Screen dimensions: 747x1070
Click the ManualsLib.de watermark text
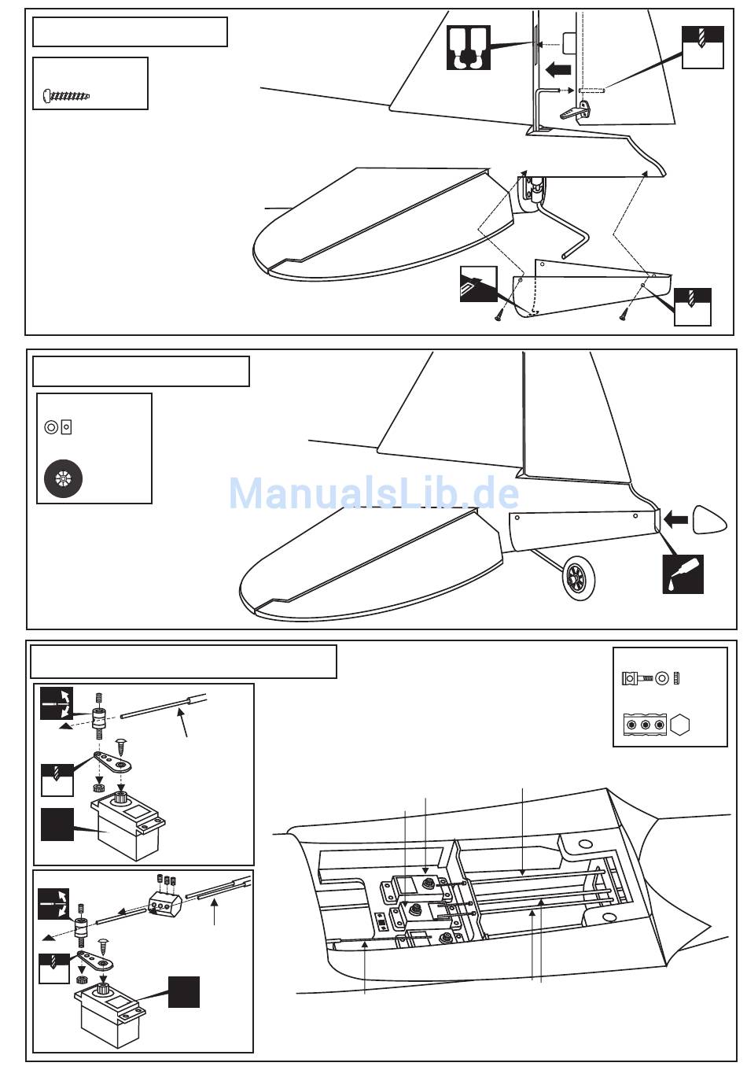pos(373,494)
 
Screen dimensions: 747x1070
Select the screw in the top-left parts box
pos(67,96)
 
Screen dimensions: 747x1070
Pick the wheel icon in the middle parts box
pos(63,478)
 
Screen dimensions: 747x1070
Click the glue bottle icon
pos(683,574)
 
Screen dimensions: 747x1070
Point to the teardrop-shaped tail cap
pos(711,520)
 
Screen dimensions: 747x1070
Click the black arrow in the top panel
pos(558,69)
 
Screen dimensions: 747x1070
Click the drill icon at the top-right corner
pos(702,46)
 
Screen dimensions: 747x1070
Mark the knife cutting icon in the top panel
pos(478,284)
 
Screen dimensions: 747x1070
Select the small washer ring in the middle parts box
pos(51,427)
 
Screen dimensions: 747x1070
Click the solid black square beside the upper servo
pos(57,824)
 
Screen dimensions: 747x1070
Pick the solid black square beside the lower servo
pos(183,991)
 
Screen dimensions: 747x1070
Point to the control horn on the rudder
pos(573,112)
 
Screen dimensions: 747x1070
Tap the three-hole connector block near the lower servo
pos(164,903)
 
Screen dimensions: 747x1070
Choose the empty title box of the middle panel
pos(141,371)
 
